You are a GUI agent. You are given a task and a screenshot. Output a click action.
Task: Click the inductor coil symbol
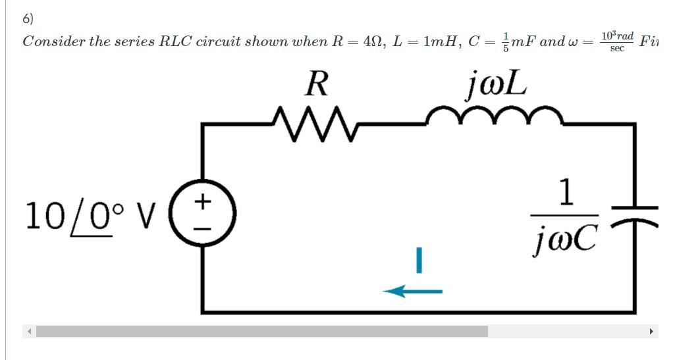coord(495,117)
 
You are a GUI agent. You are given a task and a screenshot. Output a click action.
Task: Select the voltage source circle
coord(203,215)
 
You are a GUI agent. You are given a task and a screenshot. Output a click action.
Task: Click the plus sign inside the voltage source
coord(203,200)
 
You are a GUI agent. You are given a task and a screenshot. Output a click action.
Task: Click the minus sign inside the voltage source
coord(203,228)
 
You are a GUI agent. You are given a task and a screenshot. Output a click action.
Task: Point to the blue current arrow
coord(412,290)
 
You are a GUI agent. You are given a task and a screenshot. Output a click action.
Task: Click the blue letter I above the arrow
coord(417,260)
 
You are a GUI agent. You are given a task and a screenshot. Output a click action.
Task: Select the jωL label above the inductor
coord(496,84)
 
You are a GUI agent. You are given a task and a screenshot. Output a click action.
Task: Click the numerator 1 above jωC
coord(565,192)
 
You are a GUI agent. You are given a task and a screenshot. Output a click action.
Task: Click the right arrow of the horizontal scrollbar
coord(651,332)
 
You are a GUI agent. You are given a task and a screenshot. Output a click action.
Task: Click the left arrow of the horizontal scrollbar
coord(29,332)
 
